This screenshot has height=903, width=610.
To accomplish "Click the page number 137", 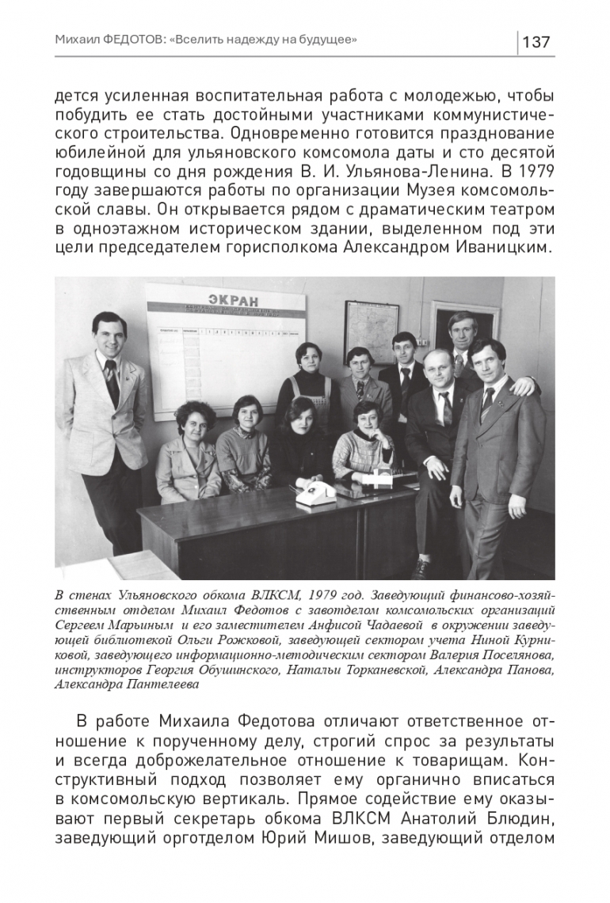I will point(536,42).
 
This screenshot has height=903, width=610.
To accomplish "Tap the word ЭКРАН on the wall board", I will point(234,300).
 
